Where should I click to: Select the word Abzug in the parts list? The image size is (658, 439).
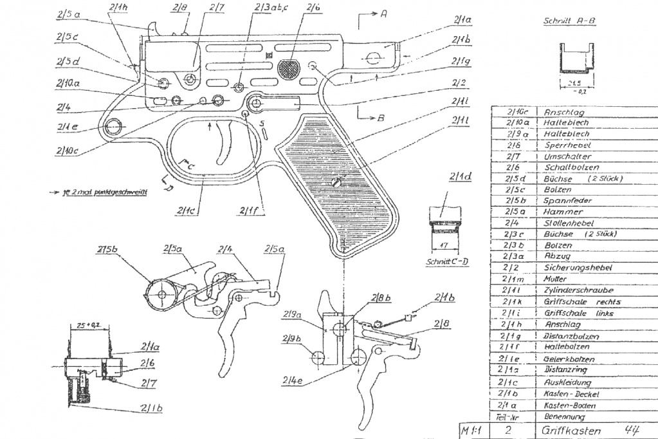[x=553, y=256]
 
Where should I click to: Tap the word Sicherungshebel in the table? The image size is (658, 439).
[x=569, y=267]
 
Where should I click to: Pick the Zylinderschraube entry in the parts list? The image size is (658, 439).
[x=570, y=290]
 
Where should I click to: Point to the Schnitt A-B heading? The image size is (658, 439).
[x=569, y=21]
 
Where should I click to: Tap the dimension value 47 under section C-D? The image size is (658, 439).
[x=444, y=245]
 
